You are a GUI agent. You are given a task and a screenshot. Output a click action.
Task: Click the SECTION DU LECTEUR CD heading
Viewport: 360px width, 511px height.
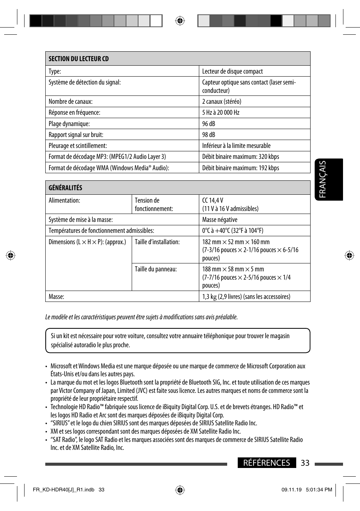coord(78,59)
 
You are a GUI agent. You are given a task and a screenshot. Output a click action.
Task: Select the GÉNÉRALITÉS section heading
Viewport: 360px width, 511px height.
coord(65,188)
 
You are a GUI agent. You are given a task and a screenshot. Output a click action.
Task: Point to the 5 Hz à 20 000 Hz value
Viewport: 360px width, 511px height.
coord(221,112)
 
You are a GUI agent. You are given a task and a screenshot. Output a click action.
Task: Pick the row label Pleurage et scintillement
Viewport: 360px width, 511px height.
coord(78,146)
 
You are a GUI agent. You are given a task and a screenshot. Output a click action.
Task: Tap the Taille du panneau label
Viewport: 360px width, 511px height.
coord(156,269)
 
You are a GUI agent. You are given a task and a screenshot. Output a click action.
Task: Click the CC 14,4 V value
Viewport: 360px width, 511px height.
coord(213,200)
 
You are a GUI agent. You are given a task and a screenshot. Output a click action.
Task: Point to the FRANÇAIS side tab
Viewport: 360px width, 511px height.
coord(329,180)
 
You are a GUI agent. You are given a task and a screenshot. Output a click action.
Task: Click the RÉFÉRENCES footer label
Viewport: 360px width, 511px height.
coord(266,463)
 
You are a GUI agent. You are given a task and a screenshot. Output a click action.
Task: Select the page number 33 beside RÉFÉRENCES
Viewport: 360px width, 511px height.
coord(305,463)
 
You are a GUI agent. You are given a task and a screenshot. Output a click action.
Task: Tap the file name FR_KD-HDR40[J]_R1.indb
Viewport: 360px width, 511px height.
coord(63,490)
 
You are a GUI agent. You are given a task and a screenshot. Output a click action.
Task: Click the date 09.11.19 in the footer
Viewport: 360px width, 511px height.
coord(291,490)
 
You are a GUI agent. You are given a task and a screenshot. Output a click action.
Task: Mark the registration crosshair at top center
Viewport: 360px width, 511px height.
coord(180,21)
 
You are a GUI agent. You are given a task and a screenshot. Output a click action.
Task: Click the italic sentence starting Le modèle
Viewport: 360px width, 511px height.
coord(141,317)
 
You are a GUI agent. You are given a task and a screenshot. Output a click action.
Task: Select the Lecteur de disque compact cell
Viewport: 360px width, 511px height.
coord(232,71)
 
